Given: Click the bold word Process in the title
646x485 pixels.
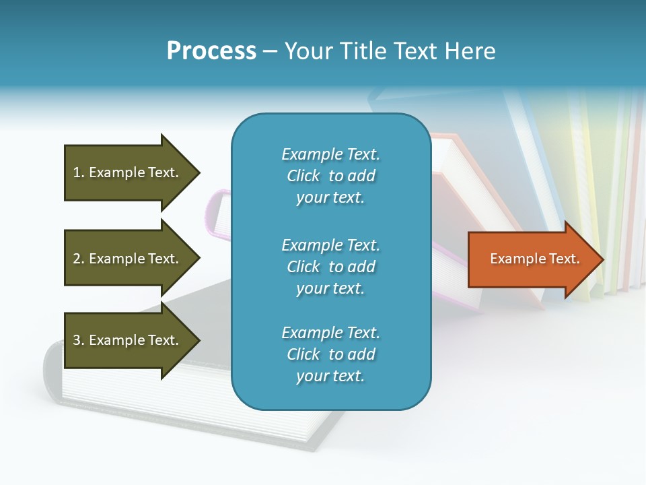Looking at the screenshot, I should tap(211, 51).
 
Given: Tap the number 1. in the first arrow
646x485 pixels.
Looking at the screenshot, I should tap(79, 172).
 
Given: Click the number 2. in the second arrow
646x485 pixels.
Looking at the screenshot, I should tap(79, 259).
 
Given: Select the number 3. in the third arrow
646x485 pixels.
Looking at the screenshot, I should tap(79, 340).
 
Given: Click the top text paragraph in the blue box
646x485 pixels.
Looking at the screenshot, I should tap(330, 176).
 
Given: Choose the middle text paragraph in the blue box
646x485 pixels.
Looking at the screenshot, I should tap(330, 267).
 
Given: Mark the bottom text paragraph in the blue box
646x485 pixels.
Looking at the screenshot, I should tap(330, 354).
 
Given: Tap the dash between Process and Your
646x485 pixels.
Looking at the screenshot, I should tap(270, 51).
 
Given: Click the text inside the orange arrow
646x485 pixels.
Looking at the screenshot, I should tap(534, 259).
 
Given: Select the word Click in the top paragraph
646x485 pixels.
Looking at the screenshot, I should tap(303, 176).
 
